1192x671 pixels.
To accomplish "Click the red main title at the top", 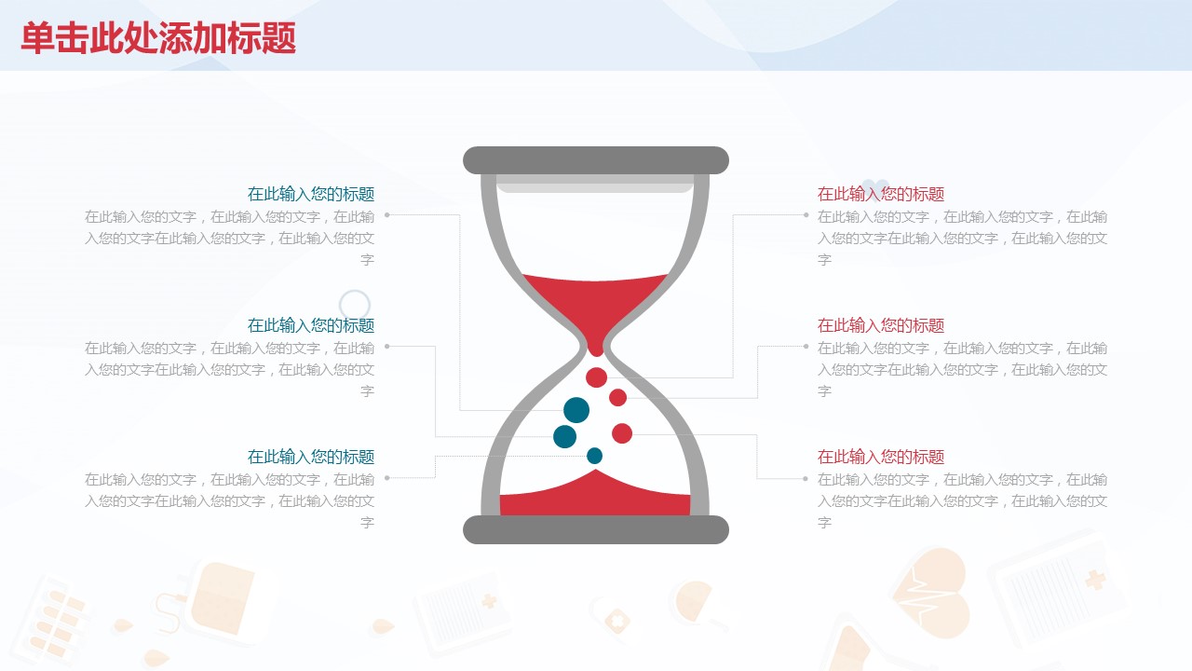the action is (x=158, y=38).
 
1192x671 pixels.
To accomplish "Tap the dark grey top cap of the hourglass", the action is (x=595, y=160).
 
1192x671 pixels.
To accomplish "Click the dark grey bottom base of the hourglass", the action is (x=595, y=530).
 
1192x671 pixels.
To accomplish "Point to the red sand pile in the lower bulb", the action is (x=595, y=495).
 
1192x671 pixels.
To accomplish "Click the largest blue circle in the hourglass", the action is (x=576, y=410).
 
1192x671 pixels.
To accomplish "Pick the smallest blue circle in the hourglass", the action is (x=594, y=456).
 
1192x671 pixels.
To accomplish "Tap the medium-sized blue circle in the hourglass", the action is (x=564, y=437).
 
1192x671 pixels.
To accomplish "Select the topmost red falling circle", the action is (x=596, y=377).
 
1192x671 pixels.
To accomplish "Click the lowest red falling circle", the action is (x=621, y=433).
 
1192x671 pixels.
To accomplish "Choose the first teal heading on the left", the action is (x=311, y=194).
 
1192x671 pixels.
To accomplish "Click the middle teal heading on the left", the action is (x=311, y=325).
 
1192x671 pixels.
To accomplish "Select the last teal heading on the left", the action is (x=311, y=457).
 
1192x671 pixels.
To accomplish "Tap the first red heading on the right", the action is (x=881, y=194).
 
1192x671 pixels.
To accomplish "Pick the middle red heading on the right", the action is (x=881, y=325).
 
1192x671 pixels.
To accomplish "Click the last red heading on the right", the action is (x=881, y=457).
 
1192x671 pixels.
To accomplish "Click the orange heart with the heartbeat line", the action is (x=932, y=592).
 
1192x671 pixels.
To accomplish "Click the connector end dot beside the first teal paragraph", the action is (x=387, y=215).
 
